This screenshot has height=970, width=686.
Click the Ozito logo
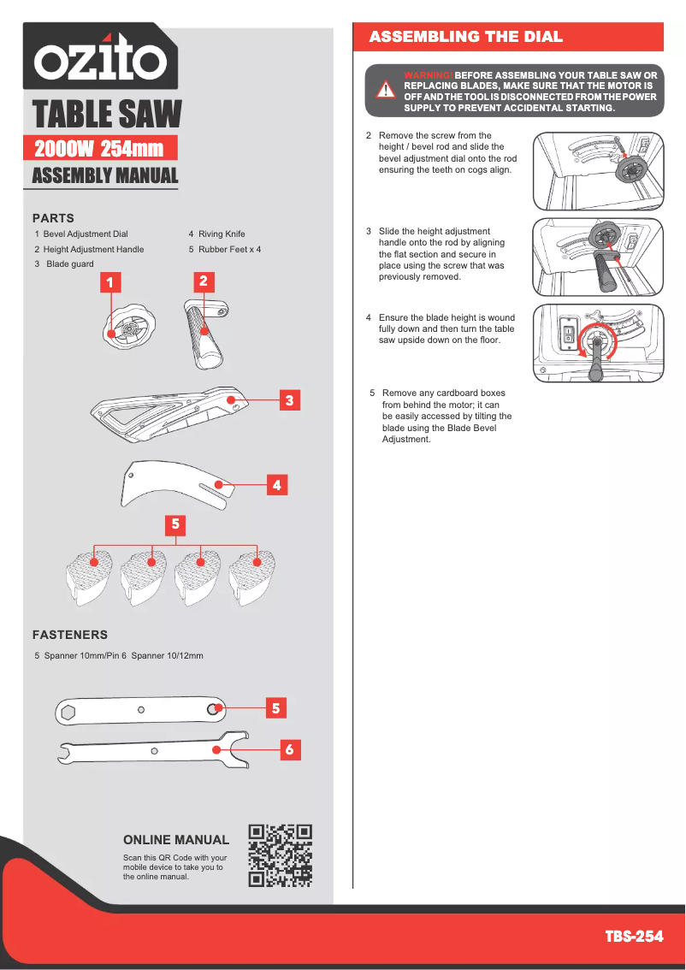click(x=100, y=58)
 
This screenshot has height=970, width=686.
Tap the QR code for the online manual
click(x=280, y=855)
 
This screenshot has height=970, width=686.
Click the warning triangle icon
click(x=386, y=90)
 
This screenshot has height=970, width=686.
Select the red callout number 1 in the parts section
click(x=109, y=281)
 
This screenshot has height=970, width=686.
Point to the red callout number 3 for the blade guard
click(x=290, y=399)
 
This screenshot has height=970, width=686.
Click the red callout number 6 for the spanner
click(x=289, y=749)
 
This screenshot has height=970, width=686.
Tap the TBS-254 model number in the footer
click(x=634, y=936)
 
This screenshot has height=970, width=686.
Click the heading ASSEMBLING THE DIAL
click(x=465, y=37)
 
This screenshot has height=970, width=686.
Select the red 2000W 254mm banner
click(x=100, y=149)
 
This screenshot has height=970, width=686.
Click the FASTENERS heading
click(x=70, y=635)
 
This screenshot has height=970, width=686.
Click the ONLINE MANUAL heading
click(x=176, y=840)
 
